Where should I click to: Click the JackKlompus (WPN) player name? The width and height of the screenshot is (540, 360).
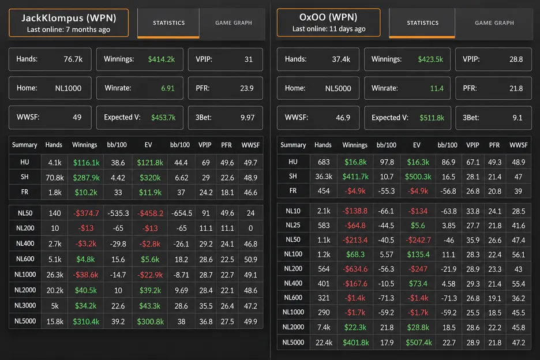(x=69, y=18)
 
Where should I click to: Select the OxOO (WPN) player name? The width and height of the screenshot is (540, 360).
(x=328, y=17)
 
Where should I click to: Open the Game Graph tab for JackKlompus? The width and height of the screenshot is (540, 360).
(x=234, y=22)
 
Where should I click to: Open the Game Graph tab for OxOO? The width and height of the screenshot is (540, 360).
(x=494, y=22)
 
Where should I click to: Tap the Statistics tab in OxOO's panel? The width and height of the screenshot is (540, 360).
(x=422, y=22)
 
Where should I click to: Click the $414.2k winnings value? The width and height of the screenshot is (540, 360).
(x=161, y=59)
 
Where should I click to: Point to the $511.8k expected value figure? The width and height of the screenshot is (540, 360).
(x=432, y=118)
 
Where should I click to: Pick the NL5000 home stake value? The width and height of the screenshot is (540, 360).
(x=338, y=88)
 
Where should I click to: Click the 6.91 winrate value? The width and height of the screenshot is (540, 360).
(x=168, y=88)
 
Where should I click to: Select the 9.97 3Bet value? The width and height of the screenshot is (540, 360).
(x=247, y=118)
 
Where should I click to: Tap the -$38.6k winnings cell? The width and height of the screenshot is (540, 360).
(x=85, y=275)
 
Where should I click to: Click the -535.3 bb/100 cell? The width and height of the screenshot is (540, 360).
(x=118, y=213)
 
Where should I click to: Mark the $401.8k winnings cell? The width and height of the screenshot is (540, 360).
(x=356, y=343)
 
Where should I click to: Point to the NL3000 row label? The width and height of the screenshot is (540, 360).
(x=25, y=306)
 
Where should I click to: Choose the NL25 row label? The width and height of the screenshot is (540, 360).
(x=293, y=226)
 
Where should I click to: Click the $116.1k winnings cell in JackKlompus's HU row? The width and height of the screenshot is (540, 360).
(x=86, y=163)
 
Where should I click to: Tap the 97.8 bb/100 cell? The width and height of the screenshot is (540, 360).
(x=387, y=162)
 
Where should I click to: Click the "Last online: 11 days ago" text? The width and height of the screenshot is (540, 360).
(x=329, y=29)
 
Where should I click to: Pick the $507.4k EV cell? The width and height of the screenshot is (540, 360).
(x=419, y=343)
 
